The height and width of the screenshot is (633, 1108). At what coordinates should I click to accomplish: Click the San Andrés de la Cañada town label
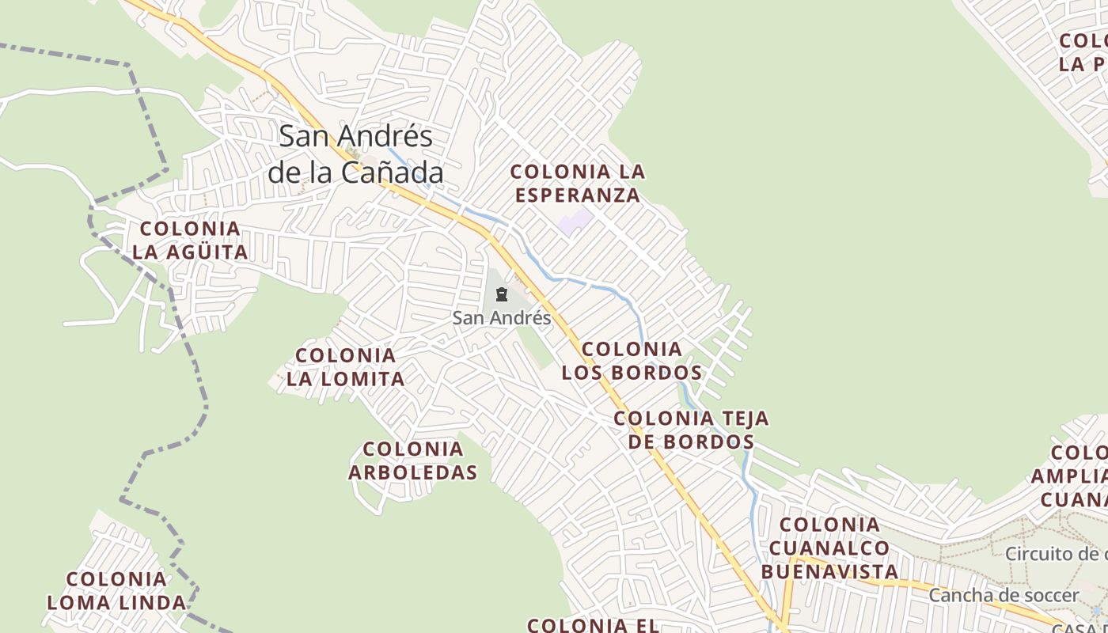click(x=355, y=154)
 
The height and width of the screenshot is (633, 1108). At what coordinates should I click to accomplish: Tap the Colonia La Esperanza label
click(x=577, y=183)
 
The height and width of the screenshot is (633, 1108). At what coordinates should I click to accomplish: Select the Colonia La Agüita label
click(x=190, y=241)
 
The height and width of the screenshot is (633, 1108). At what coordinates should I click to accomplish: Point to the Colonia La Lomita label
click(x=346, y=367)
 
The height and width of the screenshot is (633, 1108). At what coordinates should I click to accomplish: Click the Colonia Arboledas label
click(x=413, y=461)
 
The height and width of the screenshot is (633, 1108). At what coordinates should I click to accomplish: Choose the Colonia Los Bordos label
click(x=632, y=361)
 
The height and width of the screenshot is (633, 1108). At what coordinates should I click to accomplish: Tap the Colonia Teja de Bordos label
click(x=691, y=430)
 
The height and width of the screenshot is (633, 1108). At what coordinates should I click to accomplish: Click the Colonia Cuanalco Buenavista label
click(x=829, y=548)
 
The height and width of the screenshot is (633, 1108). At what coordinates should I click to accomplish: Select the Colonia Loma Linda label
click(x=116, y=591)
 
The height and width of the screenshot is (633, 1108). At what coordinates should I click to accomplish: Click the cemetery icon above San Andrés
click(x=501, y=295)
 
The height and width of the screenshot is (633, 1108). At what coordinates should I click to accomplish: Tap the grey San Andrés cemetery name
click(x=502, y=318)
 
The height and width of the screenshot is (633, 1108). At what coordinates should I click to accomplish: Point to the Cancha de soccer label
click(x=1004, y=596)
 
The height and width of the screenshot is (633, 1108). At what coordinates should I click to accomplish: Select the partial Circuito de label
click(x=1056, y=553)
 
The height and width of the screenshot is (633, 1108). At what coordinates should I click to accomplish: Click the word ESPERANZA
click(x=577, y=195)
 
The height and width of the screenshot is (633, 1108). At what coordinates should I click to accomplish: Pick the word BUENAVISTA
click(x=829, y=571)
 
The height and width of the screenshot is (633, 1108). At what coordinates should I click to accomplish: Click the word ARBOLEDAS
click(x=413, y=472)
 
